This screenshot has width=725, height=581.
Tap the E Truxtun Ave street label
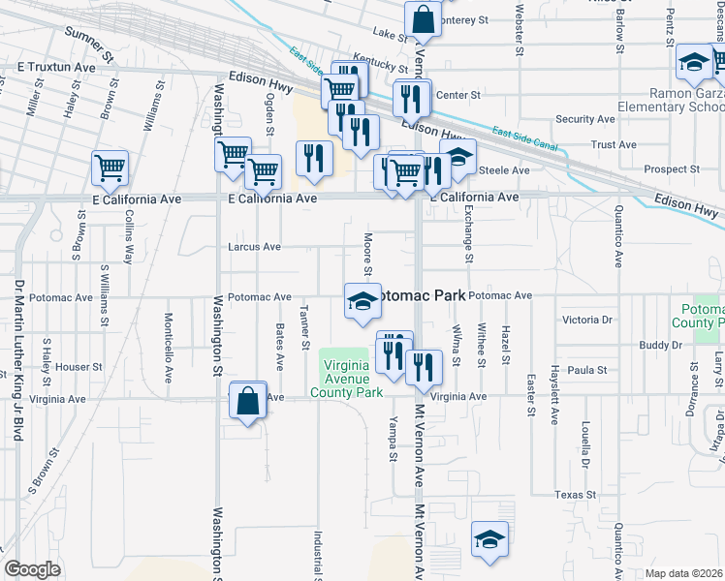(56, 68)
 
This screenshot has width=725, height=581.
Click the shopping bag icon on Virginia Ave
(248, 401)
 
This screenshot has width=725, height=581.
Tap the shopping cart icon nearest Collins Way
(110, 168)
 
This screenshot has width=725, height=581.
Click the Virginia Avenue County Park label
(346, 379)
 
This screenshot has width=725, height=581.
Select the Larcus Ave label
(254, 247)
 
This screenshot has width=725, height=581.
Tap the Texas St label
(575, 495)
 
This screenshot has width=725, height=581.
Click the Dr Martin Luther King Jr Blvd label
(17, 374)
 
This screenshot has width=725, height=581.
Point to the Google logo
(32, 569)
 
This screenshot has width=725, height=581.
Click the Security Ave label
(586, 119)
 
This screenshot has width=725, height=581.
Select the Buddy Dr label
(661, 346)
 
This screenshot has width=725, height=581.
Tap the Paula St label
(587, 370)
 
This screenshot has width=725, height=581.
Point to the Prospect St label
(665, 168)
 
